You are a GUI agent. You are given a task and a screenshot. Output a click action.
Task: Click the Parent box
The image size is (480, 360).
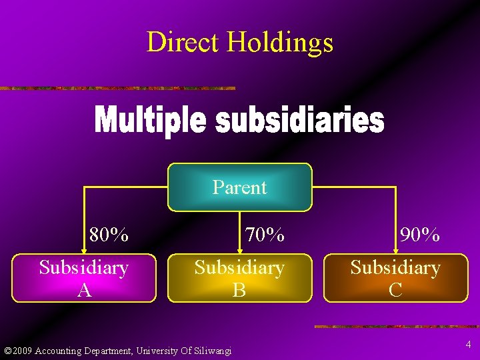coord(239,187)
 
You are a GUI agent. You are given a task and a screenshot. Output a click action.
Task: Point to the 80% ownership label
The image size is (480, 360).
coord(109,235)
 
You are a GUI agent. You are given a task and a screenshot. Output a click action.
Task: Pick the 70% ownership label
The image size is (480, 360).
coord(265,235)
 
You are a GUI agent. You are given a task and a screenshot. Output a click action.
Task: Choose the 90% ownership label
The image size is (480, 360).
coord(420,235)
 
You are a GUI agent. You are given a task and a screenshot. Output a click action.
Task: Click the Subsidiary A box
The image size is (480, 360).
coord(84,278)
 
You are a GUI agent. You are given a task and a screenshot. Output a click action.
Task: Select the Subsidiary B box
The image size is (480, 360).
coord(239,278)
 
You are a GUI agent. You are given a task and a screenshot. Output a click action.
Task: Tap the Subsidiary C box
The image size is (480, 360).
coord(395,278)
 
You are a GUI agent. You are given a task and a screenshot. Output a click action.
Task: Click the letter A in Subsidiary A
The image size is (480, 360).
coord(84,289)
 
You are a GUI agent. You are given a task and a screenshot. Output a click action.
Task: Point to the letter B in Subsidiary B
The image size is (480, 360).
coord(239,289)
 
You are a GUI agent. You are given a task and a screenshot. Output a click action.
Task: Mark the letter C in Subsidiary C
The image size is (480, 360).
coord(395,289)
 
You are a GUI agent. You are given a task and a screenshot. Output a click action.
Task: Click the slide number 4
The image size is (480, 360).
coord(469,345)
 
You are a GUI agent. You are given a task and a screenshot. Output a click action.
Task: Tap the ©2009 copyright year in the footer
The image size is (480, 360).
coord(18,351)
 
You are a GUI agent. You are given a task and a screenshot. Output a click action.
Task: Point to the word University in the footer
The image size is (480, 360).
coord(157,351)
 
